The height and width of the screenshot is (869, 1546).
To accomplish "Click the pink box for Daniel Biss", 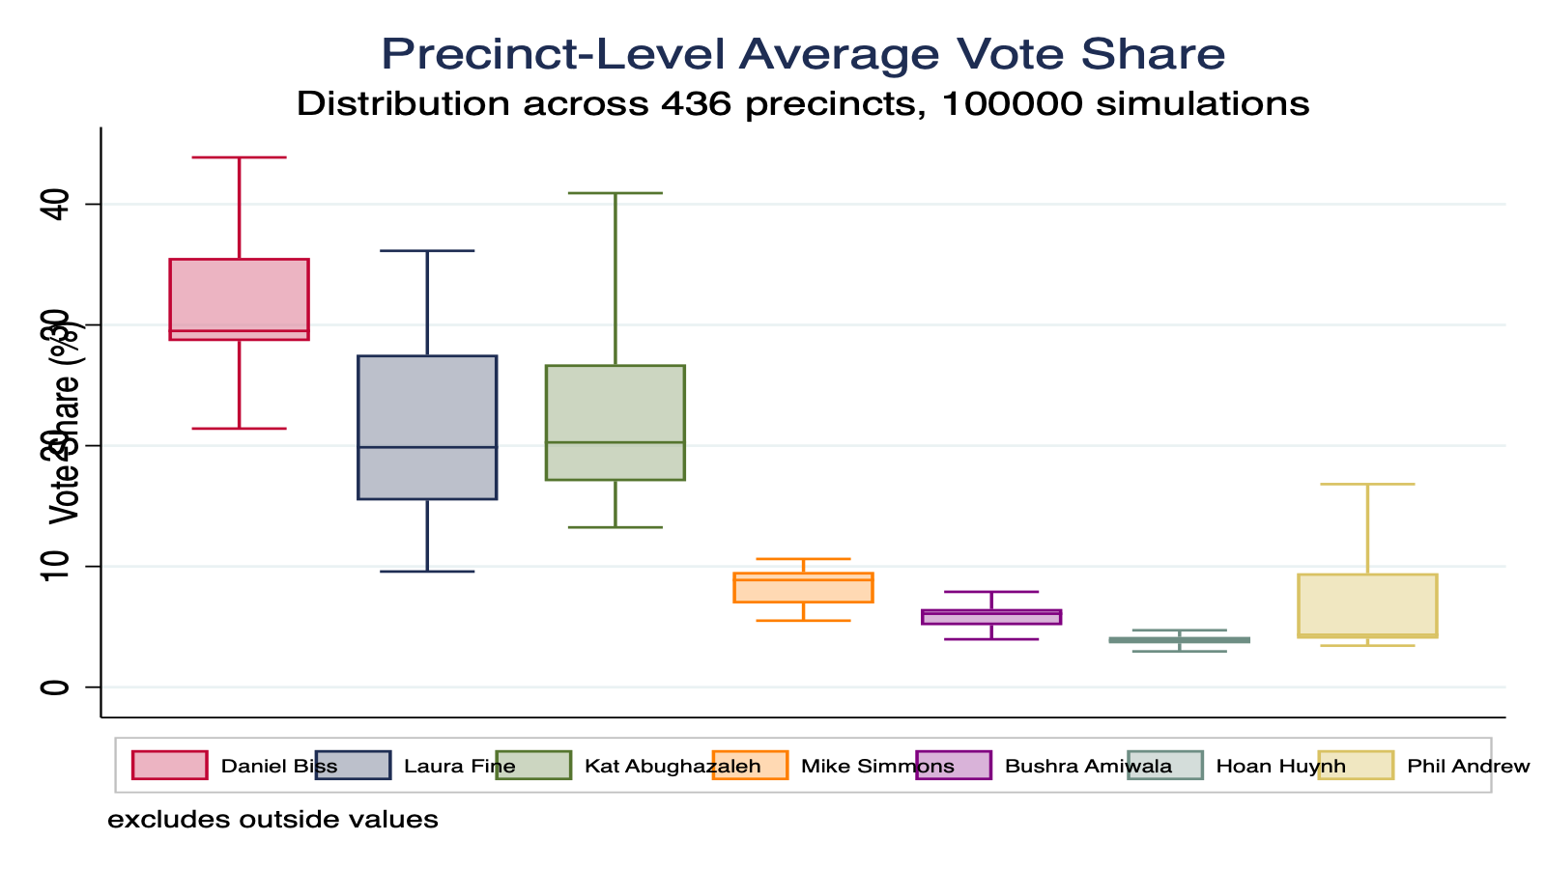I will click(x=239, y=299).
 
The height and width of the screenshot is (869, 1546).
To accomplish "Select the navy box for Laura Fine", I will click(x=427, y=427).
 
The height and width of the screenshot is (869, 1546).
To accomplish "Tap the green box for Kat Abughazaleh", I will click(x=615, y=422).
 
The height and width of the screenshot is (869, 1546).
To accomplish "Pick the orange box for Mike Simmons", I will click(x=803, y=587).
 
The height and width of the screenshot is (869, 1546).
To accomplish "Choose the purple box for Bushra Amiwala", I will click(x=991, y=617).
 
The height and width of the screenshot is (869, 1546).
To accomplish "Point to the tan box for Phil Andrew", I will click(x=1367, y=605).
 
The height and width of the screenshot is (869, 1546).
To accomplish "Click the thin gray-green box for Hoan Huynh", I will click(x=1179, y=639).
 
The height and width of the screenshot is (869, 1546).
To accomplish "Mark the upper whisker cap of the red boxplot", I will click(x=239, y=157).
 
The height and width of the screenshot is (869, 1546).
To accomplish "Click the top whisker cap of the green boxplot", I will click(x=615, y=193).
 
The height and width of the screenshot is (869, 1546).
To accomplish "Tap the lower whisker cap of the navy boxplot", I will click(x=427, y=572).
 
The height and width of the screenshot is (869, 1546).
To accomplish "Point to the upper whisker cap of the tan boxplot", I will click(x=1367, y=484).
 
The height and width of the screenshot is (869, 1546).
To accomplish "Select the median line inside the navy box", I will click(x=427, y=447).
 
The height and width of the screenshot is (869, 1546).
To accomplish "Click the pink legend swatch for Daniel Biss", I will click(x=169, y=766).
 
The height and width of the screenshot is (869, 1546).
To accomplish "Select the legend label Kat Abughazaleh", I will click(x=673, y=767).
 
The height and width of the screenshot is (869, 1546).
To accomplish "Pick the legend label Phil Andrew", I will click(x=1468, y=767).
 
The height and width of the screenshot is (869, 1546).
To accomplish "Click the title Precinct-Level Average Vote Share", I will click(x=803, y=54).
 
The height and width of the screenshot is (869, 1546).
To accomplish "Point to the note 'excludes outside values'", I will click(x=272, y=820).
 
